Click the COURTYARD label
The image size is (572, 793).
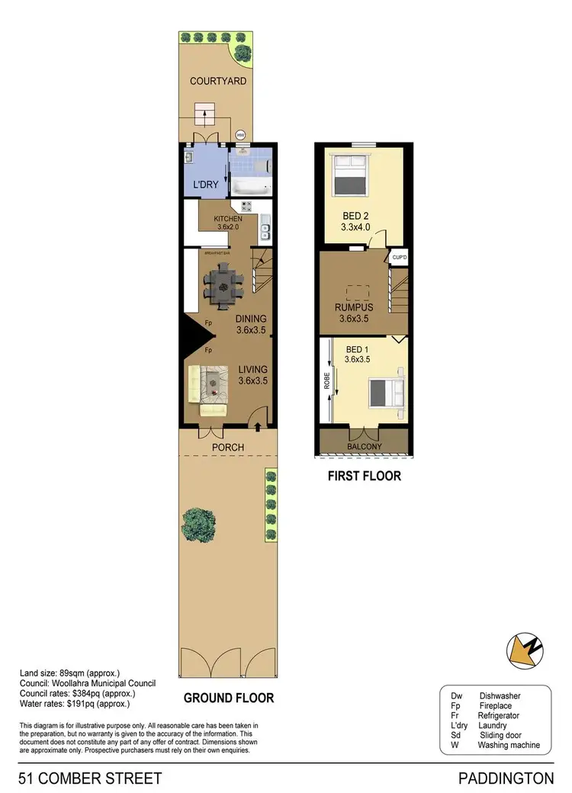218,81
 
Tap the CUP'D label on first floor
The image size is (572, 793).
400,258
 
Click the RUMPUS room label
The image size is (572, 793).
354,308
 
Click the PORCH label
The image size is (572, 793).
228,447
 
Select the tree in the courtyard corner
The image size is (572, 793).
243,53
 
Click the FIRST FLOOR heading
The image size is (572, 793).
364,477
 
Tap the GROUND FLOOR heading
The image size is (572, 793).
228,697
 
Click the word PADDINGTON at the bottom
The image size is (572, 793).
506,779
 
